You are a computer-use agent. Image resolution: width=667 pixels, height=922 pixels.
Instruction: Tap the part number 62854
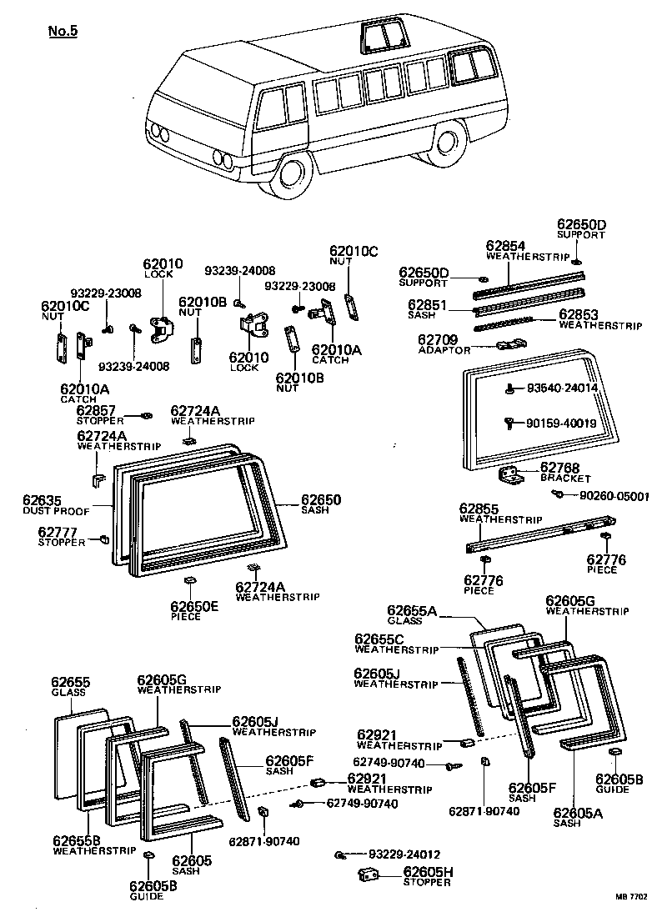[x=506, y=246]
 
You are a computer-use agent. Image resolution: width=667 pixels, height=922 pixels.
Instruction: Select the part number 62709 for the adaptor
[x=438, y=339]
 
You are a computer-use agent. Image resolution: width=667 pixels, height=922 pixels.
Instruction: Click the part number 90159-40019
[x=561, y=423]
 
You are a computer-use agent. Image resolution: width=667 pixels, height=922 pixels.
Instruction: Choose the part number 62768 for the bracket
[x=559, y=469]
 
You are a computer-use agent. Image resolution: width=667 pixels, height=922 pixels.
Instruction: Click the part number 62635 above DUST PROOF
[x=42, y=500]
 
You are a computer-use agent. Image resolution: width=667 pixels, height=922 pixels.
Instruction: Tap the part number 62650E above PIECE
[x=194, y=606]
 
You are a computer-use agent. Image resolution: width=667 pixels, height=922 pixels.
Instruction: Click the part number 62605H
[x=428, y=872]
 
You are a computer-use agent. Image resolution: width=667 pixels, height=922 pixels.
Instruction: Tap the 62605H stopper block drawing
[x=369, y=874]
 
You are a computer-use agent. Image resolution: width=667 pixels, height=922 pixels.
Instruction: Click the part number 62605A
[x=578, y=812]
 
